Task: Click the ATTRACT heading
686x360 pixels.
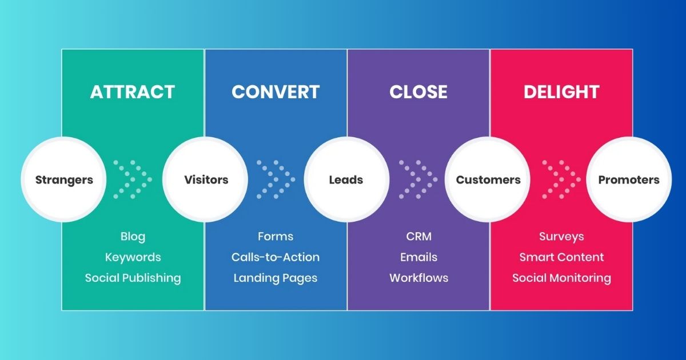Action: click(133, 92)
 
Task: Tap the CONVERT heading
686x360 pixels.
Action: click(276, 92)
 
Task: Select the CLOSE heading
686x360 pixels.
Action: click(418, 92)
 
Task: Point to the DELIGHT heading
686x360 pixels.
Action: click(561, 92)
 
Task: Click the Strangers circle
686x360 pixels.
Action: click(63, 180)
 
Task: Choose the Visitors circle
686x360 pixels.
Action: click(206, 180)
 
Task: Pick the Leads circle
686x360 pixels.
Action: click(346, 180)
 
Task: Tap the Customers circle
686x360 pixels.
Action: click(488, 180)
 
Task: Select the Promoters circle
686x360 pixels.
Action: click(629, 180)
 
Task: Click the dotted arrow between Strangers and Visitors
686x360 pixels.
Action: click(133, 179)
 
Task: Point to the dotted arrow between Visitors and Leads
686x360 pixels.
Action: click(276, 179)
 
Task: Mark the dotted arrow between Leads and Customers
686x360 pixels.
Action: click(418, 179)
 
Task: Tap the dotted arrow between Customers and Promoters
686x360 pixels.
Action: click(561, 179)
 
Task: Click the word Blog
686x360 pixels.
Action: click(133, 237)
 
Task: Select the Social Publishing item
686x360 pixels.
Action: click(133, 278)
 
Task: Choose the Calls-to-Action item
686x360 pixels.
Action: click(276, 257)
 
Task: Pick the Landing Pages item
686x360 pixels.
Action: click(276, 278)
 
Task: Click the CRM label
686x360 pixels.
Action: click(418, 237)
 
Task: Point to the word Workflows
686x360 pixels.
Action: click(418, 278)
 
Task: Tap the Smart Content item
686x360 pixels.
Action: click(561, 257)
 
